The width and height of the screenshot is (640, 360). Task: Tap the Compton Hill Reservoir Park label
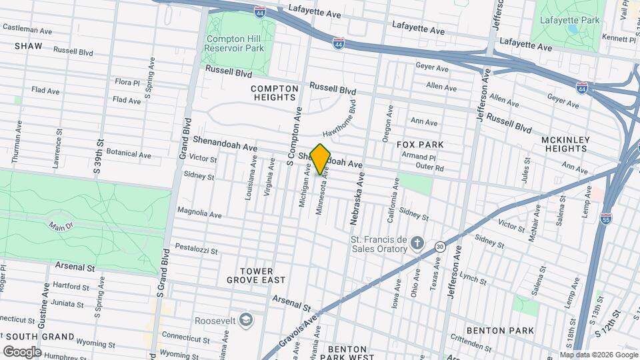(234, 43)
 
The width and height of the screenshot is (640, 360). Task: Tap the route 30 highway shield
(439, 246)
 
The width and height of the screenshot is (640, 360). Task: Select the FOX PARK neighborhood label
(420, 145)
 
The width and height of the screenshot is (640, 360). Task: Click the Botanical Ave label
(129, 154)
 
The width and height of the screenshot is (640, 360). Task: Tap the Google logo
(23, 351)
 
